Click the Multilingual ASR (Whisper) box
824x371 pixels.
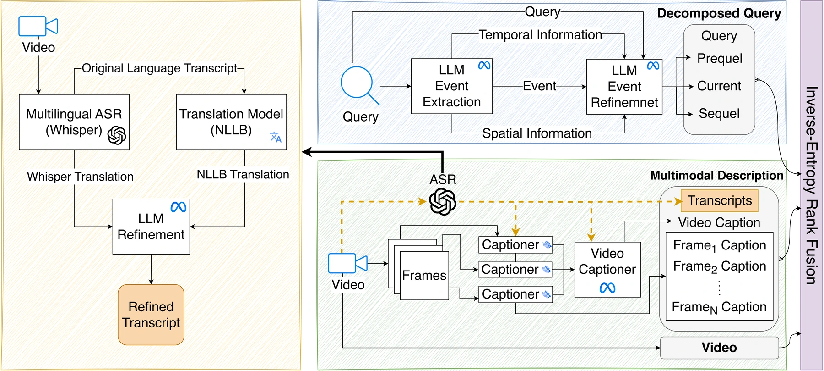74,122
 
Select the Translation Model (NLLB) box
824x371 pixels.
231,122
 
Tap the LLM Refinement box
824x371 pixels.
151,227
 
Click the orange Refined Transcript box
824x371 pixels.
151,315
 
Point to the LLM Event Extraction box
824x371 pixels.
451,86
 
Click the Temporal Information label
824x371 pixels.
540,35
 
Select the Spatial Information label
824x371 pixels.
537,133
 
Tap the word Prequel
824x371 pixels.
720,59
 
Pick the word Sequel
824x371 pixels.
719,114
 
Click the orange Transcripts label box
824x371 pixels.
720,201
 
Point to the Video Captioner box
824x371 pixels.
607,270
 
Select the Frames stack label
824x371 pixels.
424,276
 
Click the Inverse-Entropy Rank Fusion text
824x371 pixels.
811,185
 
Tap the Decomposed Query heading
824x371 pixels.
719,13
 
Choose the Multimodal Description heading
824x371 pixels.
717,176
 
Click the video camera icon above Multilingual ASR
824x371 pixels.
38,26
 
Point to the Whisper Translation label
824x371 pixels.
80,177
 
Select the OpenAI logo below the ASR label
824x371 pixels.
443,202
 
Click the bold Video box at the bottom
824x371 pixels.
719,348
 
